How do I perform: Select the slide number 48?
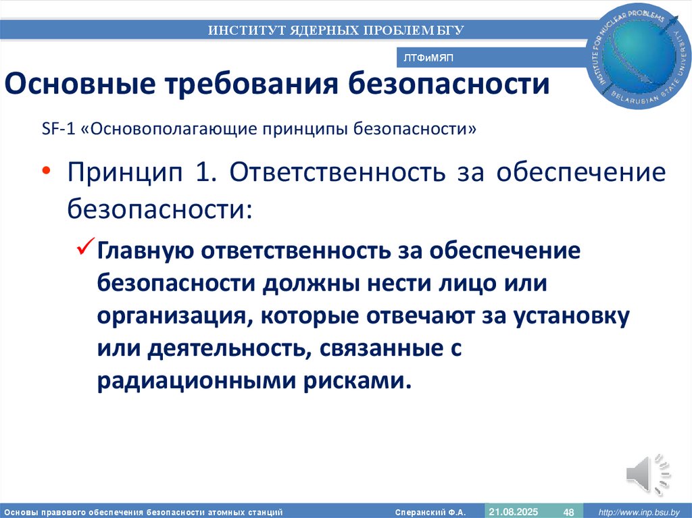tap(568, 511)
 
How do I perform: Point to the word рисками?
tap(364, 382)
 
